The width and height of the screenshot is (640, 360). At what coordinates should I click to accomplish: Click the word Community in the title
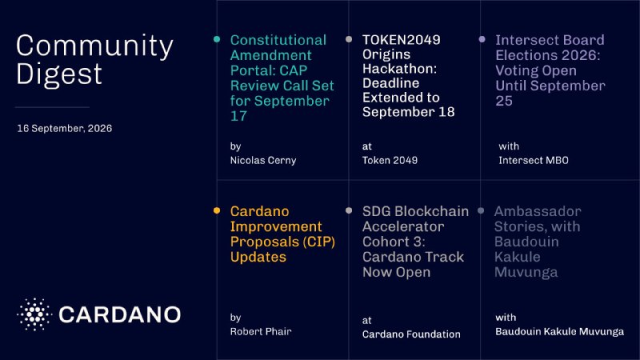[94, 46]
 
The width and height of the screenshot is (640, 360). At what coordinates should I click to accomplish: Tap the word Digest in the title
[59, 74]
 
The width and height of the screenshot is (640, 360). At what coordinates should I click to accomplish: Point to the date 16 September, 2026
[65, 128]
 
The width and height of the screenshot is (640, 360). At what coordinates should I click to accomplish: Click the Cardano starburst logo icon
[34, 314]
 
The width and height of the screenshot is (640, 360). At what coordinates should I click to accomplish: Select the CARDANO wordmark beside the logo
[119, 314]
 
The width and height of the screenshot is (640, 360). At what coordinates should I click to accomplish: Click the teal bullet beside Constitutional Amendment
[217, 39]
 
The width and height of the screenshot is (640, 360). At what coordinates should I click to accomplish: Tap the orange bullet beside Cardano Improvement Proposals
[217, 210]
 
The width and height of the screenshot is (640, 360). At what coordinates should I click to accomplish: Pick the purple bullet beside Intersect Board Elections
[482, 39]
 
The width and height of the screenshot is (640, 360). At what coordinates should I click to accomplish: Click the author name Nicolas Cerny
[263, 161]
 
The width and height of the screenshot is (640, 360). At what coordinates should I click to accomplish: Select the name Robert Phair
[261, 331]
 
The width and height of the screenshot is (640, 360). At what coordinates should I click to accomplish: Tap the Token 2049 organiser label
[390, 161]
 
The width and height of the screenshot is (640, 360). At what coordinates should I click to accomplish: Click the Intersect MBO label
[534, 161]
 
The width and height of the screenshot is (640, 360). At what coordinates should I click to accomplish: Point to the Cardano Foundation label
[411, 334]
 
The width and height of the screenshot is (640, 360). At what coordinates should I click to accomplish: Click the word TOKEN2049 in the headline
[402, 39]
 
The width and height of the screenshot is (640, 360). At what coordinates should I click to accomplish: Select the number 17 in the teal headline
[238, 116]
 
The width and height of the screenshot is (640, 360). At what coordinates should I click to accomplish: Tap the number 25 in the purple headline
[504, 101]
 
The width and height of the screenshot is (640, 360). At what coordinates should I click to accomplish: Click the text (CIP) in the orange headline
[318, 242]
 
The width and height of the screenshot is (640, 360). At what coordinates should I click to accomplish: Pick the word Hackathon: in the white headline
[399, 69]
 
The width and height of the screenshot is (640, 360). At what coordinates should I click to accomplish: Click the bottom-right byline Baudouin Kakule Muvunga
[559, 331]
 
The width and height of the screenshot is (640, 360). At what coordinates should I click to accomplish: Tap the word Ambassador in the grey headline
[538, 211]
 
